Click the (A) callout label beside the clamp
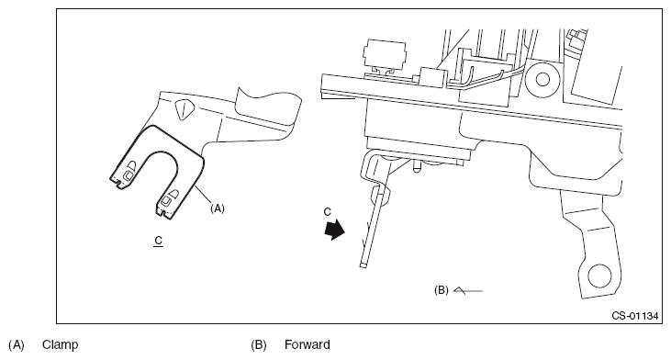click(x=218, y=208)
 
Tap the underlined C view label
click(x=158, y=241)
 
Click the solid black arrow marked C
click(x=335, y=230)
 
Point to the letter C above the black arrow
click(x=328, y=212)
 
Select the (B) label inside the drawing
click(x=442, y=290)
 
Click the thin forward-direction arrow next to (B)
click(x=468, y=290)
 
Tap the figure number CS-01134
click(x=635, y=316)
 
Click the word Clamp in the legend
click(x=60, y=344)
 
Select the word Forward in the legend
click(x=308, y=344)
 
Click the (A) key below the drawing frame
click(x=17, y=344)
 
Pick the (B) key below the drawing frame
click(x=259, y=344)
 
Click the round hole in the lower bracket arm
click(x=599, y=276)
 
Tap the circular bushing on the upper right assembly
click(x=542, y=79)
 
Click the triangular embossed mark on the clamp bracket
click(x=184, y=108)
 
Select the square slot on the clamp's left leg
click(x=129, y=175)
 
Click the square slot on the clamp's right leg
click(x=165, y=199)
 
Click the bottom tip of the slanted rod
click(x=363, y=265)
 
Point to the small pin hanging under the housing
click(x=417, y=167)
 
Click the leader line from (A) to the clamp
click(x=203, y=195)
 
